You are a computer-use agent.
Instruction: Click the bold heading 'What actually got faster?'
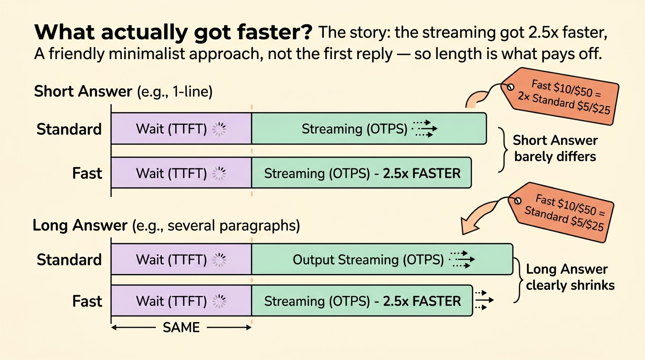(x=173, y=32)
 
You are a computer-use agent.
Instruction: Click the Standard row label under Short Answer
(x=69, y=129)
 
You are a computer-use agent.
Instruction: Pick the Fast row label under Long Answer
(x=87, y=301)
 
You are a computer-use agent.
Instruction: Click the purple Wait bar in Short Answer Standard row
(x=181, y=128)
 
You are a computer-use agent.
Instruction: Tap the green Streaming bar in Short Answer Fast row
(x=361, y=173)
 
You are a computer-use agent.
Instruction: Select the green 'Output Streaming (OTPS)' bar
(x=382, y=259)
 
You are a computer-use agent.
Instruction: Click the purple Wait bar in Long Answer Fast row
(x=181, y=301)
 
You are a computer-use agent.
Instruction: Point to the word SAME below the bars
(x=181, y=328)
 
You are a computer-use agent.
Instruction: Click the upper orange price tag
(x=560, y=97)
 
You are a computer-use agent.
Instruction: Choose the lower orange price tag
(x=561, y=212)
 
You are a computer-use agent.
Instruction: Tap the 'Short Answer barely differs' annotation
(x=555, y=149)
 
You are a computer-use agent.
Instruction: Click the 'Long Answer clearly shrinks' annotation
(x=570, y=277)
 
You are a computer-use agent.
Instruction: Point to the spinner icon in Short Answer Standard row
(x=219, y=129)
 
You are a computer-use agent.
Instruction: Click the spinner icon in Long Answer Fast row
(x=219, y=301)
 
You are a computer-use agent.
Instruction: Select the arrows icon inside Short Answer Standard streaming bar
(x=424, y=128)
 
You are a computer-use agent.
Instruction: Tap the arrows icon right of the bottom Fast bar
(x=484, y=300)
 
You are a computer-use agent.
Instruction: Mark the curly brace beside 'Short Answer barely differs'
(x=503, y=150)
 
